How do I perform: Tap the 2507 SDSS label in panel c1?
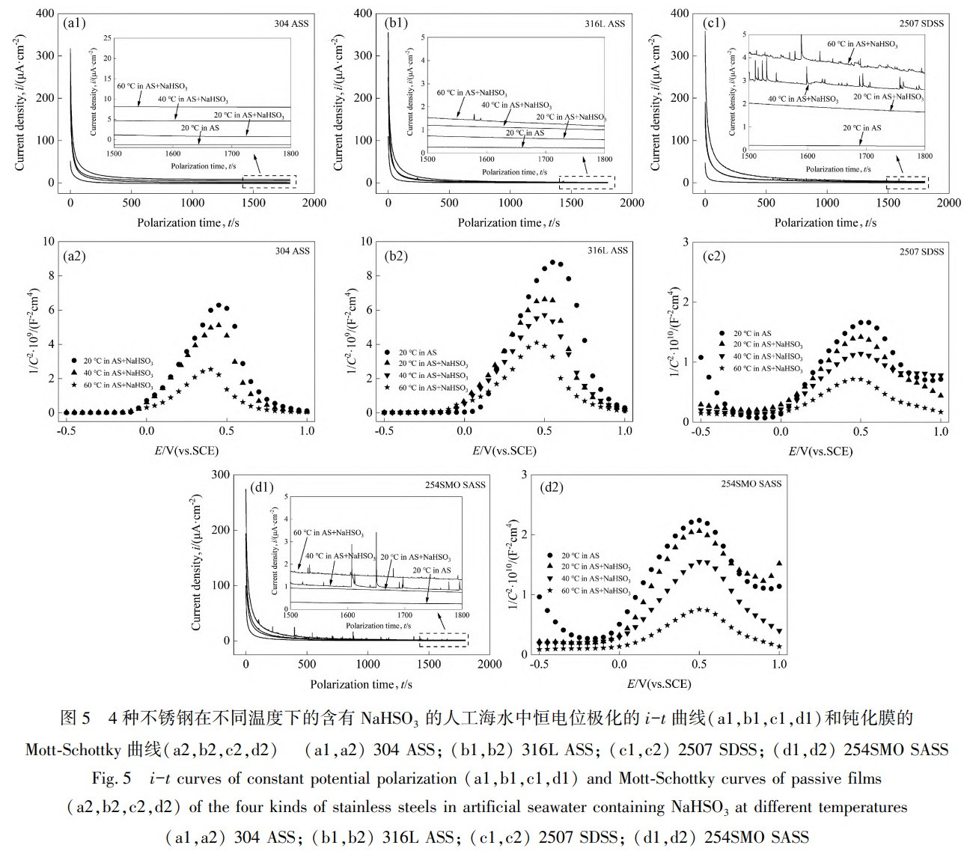coord(921,23)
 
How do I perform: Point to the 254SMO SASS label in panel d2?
coord(751,484)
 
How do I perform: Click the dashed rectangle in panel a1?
coord(269,181)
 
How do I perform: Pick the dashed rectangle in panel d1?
coord(443,639)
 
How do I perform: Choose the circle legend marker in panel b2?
coord(387,352)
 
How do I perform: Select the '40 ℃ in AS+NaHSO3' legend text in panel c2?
coord(769,357)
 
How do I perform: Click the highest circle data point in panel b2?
coord(553,263)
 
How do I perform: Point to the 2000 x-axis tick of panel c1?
coord(949,202)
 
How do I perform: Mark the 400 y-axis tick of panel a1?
coord(46,13)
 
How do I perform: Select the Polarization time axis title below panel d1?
coord(361,683)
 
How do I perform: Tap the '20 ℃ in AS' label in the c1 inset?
coord(862,128)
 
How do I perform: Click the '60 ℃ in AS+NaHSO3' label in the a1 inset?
coord(152,85)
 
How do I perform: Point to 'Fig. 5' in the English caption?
coord(112,778)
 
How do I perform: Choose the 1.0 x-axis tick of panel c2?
coord(941,432)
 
